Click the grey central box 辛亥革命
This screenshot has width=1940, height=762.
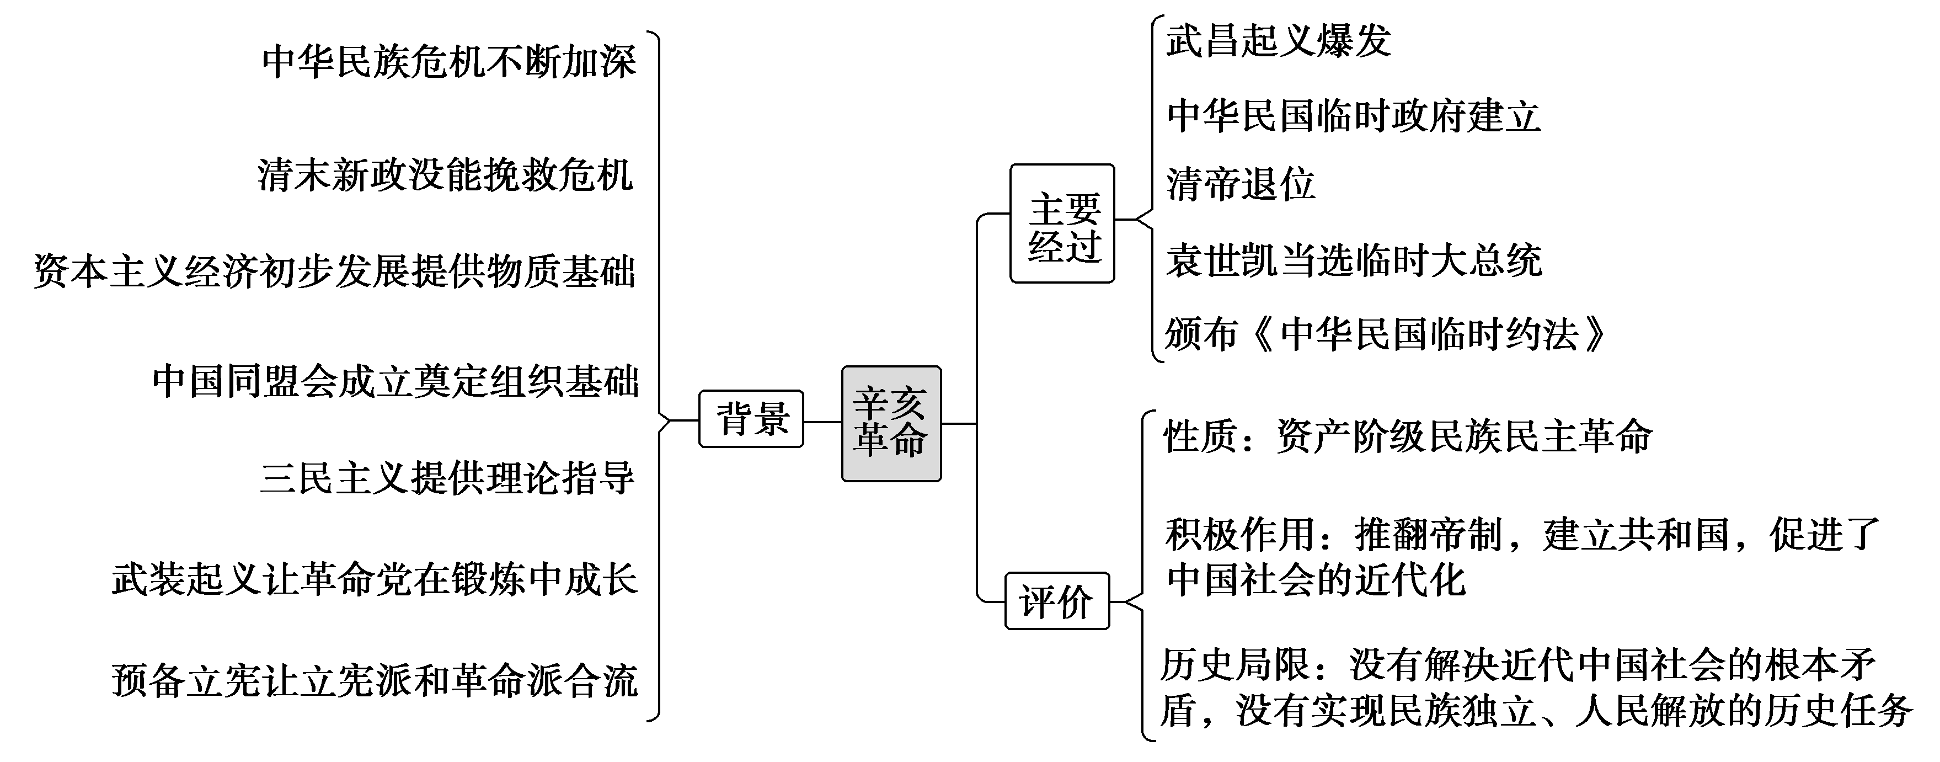coord(891,423)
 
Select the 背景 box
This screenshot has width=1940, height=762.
coord(751,419)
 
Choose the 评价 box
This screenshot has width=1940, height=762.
coord(1057,601)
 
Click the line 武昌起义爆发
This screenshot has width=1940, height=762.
coord(1278,41)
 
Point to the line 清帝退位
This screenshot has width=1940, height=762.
coord(1241,184)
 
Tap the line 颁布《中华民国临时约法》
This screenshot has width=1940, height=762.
coord(1386,334)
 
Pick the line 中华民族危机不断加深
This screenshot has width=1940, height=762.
coord(449,62)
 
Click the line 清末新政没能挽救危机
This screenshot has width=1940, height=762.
coord(445,175)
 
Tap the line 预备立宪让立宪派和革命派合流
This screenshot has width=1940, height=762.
coord(375,680)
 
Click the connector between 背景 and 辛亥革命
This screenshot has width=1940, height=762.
coord(822,422)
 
